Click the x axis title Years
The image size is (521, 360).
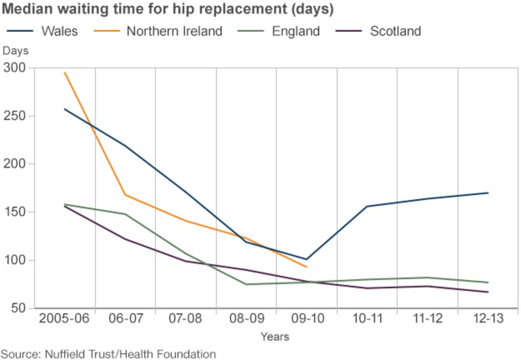[x=275, y=336]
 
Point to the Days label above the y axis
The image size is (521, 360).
[x=16, y=51]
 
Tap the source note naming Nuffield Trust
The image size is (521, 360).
[x=108, y=354]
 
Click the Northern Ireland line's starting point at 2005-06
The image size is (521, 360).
[x=65, y=72]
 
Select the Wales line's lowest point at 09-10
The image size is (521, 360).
[x=306, y=260]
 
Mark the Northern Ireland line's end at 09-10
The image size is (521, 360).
[x=306, y=267]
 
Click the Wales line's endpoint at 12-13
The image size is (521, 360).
[x=488, y=193]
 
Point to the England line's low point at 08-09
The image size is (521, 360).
[x=246, y=284]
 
